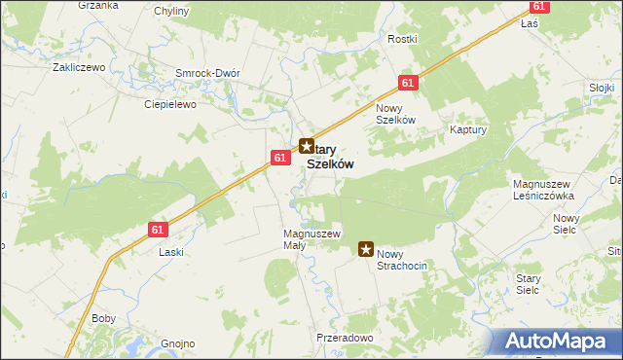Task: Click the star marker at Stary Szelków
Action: click(306, 148)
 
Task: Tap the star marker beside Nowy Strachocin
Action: click(367, 249)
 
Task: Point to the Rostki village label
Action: click(402, 39)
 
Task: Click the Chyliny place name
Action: click(172, 12)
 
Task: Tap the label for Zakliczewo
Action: click(78, 68)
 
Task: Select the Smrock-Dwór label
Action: click(206, 73)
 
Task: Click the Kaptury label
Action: click(468, 128)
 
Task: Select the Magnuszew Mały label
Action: click(311, 239)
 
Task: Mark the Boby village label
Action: click(103, 318)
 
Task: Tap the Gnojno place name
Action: click(178, 343)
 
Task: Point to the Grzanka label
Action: click(96, 5)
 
